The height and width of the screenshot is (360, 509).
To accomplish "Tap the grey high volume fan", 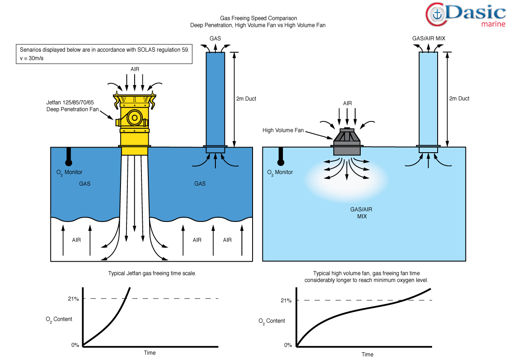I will [347, 141].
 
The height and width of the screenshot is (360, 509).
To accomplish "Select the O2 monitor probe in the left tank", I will [68, 156].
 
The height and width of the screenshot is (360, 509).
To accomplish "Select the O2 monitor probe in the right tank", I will [281, 156].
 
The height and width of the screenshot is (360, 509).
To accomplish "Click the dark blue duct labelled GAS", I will [215, 98].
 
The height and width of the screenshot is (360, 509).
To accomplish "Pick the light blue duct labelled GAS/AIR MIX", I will [428, 98].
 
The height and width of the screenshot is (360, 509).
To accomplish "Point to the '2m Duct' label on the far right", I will [459, 99].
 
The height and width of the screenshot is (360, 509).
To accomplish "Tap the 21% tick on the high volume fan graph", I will [286, 301].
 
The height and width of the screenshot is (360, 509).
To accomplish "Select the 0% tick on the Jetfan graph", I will [75, 345].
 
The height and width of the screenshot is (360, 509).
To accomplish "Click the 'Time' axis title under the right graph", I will [367, 354].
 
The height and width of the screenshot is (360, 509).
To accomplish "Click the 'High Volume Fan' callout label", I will [283, 130].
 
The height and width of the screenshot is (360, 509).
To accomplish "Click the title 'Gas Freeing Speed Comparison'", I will [258, 18].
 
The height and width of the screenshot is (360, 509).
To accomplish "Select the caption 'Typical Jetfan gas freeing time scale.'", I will [152, 273].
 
